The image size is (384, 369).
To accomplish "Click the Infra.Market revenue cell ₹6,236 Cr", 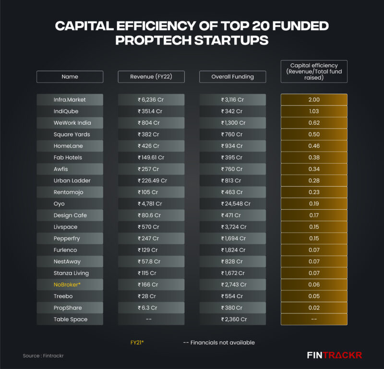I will click(151, 100).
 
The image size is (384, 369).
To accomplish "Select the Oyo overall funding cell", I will click(233, 204).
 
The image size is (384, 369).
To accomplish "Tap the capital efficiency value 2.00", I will click(314, 100).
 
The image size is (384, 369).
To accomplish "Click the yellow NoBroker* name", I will click(66, 285).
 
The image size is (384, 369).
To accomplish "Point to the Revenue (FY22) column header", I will click(151, 77).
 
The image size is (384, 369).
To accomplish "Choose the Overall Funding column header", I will click(233, 77).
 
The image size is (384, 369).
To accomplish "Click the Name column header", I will click(70, 77).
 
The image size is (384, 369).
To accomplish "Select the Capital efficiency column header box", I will click(314, 71).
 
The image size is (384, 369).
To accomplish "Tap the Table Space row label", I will click(70, 319).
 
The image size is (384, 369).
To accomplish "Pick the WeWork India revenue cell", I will click(151, 123).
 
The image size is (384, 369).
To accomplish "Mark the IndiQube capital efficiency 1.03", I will click(314, 111).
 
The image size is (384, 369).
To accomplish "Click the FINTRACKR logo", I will click(335, 356).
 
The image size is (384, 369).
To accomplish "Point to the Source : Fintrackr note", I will click(43, 356).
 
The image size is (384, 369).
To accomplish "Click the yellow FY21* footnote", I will click(137, 343).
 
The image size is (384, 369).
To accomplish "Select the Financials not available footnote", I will click(219, 343).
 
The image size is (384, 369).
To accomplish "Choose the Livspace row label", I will click(65, 227).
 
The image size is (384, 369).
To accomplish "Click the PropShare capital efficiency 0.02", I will click(314, 308).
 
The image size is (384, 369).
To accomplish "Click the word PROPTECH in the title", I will click(153, 40).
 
